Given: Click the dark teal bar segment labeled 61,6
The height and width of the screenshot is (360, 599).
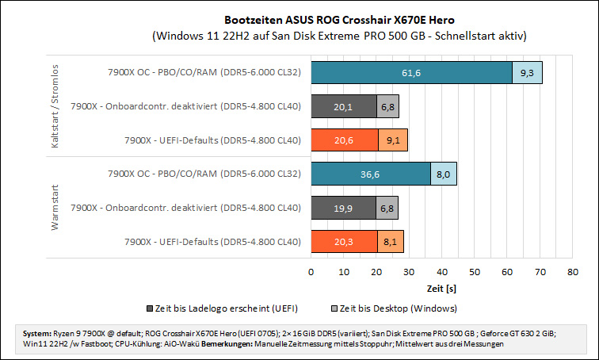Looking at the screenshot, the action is (x=411, y=73).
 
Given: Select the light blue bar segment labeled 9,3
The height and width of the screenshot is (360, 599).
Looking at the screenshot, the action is (x=527, y=73).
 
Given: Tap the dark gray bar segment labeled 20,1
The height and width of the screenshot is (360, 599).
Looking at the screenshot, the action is (x=344, y=106).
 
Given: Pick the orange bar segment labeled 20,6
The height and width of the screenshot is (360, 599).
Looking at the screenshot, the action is (x=345, y=140).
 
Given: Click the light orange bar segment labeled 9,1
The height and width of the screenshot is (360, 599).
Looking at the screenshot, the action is (x=393, y=140).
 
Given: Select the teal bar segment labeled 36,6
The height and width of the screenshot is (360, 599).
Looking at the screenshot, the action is (x=371, y=174).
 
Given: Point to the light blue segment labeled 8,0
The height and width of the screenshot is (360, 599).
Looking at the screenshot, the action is (x=444, y=174).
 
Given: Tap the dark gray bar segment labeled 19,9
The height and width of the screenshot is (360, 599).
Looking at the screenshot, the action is (x=344, y=209).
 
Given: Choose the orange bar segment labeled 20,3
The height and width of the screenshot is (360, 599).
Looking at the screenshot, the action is (x=344, y=242).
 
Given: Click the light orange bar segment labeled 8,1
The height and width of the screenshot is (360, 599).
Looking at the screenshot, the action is (x=391, y=242).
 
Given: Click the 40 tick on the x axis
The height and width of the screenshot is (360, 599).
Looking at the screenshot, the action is (x=442, y=272).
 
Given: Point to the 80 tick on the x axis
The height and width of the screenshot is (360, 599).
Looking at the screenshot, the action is (x=573, y=272).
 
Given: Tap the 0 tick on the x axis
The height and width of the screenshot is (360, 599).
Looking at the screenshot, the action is (x=311, y=272).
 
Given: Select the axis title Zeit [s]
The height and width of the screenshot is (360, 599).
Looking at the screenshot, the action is (x=441, y=289).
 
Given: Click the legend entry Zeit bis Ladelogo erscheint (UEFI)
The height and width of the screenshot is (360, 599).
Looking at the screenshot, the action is (x=223, y=308).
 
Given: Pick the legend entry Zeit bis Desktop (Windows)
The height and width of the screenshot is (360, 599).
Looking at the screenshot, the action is (x=395, y=308).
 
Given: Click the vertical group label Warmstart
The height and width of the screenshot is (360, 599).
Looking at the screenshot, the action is (x=55, y=208).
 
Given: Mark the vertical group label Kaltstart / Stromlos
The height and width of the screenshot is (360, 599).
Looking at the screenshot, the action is (x=55, y=106).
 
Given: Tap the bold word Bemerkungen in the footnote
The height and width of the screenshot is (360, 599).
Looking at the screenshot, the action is (x=227, y=344).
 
